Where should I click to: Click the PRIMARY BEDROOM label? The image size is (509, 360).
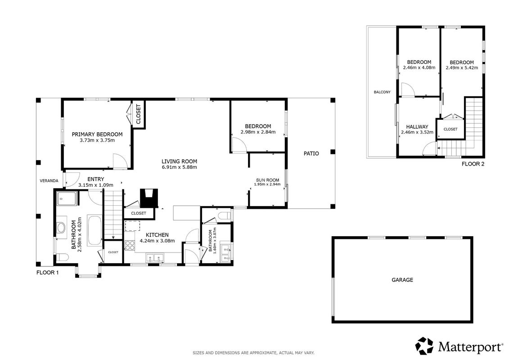[97, 135]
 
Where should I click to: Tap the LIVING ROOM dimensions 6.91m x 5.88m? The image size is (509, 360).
[179, 167]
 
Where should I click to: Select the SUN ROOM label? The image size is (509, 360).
[267, 180]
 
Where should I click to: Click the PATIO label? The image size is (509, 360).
[311, 153]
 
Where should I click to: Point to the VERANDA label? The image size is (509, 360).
[49, 181]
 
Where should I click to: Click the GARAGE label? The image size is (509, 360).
[402, 280]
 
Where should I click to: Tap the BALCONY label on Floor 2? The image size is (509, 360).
[382, 92]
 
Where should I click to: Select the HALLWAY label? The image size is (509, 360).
[417, 127]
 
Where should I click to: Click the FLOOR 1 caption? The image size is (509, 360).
[47, 273]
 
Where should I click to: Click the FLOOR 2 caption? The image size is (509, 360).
[473, 164]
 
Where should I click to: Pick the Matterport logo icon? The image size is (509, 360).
[424, 346]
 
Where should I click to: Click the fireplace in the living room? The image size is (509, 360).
[149, 198]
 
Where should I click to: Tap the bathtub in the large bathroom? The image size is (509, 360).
[94, 230]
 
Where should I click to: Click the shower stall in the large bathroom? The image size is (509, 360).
[67, 199]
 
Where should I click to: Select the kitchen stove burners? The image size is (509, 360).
[130, 245]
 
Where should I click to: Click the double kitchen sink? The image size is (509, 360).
[155, 258]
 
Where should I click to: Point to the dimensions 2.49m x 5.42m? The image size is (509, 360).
[462, 68]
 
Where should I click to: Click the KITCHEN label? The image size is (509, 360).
[157, 235]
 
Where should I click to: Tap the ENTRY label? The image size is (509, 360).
[96, 179]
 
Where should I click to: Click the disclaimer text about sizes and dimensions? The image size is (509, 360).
[253, 353]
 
